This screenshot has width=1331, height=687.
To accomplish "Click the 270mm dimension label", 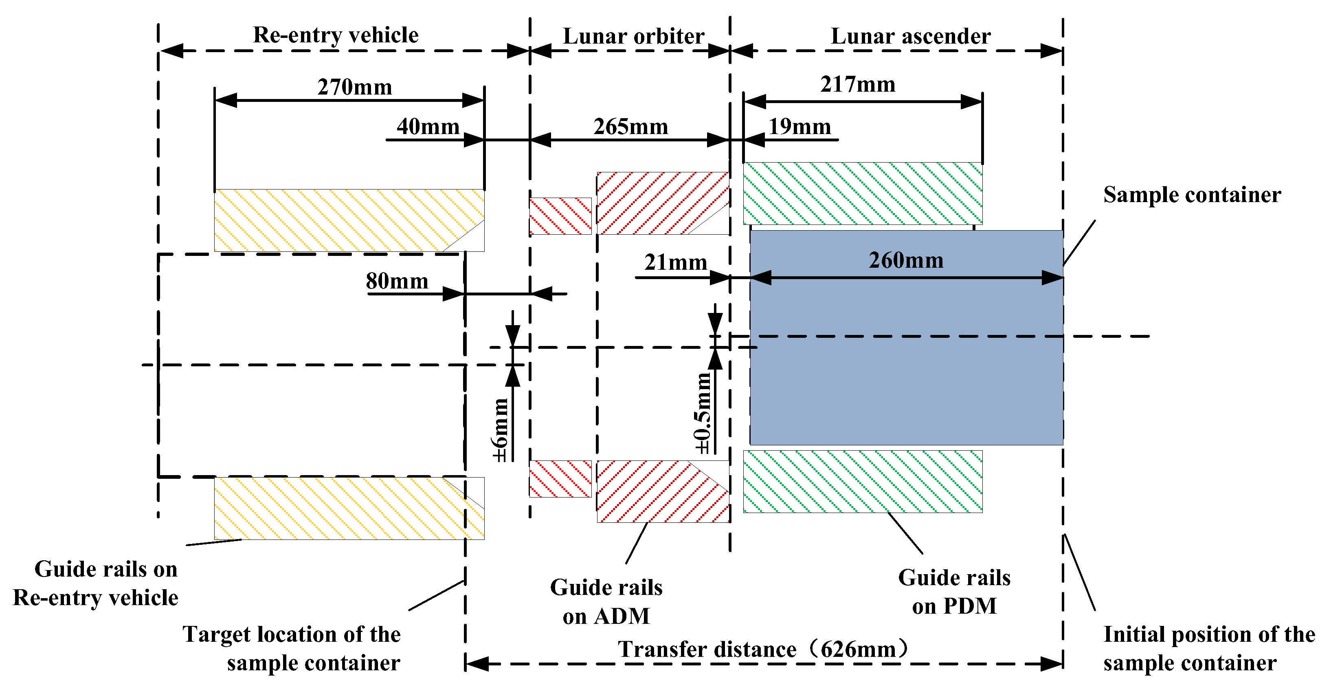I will pyautogui.click(x=354, y=87).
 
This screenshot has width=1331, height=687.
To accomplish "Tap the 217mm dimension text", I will pyautogui.click(x=858, y=84).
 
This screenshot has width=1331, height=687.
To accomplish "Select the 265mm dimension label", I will pyautogui.click(x=630, y=127).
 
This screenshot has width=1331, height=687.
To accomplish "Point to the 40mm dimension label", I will pyautogui.click(x=428, y=127).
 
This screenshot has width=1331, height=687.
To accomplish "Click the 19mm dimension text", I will pyautogui.click(x=799, y=127).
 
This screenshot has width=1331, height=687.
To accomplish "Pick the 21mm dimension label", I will pyautogui.click(x=675, y=262).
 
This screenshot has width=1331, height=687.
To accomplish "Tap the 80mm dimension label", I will pyautogui.click(x=397, y=281).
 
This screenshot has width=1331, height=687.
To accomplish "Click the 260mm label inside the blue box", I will pyautogui.click(x=906, y=260).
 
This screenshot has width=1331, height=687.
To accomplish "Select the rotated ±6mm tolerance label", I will pyautogui.click(x=500, y=430).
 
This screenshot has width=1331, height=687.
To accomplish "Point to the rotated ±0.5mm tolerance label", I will pyautogui.click(x=703, y=414).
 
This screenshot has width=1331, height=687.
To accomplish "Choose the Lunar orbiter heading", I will pyautogui.click(x=633, y=36).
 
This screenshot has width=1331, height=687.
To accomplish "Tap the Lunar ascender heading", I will pyautogui.click(x=910, y=36).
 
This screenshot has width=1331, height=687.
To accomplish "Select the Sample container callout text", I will pyautogui.click(x=1192, y=195).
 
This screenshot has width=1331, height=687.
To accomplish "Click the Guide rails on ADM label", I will pyautogui.click(x=606, y=602).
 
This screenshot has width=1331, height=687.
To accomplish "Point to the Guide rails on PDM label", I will pyautogui.click(x=954, y=592).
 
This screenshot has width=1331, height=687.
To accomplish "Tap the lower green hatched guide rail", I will pyautogui.click(x=862, y=481).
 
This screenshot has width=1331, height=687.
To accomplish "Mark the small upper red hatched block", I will pyautogui.click(x=560, y=216).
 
